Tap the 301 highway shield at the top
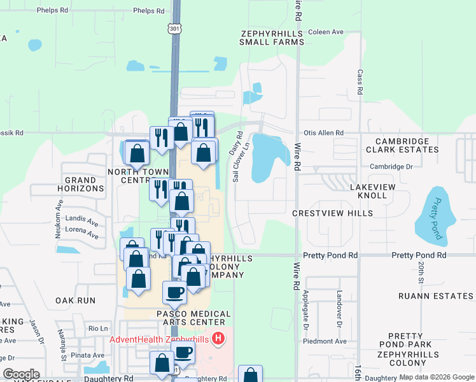[175, 29]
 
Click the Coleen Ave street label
[325, 32]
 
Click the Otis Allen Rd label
[323, 133]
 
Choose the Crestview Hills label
[332, 213]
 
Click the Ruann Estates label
[435, 296]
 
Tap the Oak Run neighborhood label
[75, 301]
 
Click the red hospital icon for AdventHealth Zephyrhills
[218, 338]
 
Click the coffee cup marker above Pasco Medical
[174, 292]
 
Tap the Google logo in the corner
[21, 374]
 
